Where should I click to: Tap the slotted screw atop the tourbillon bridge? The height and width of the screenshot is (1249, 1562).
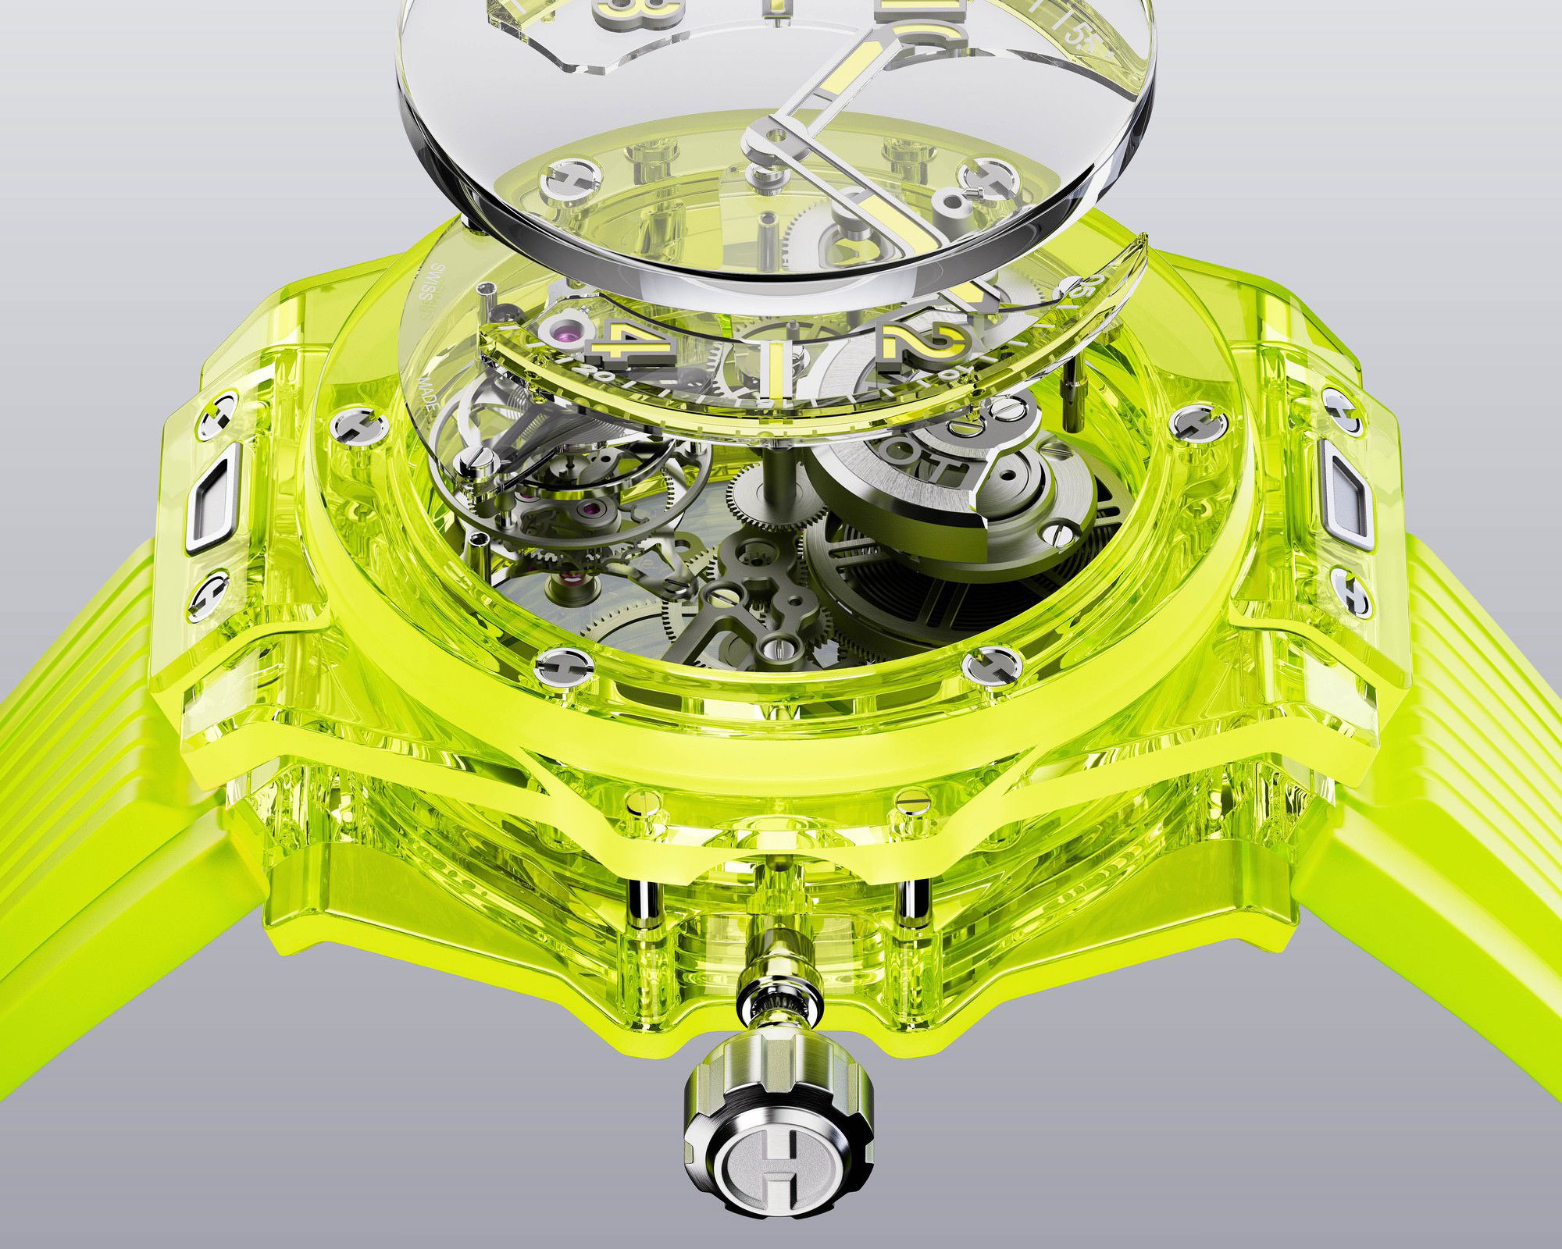(x=473, y=458)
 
